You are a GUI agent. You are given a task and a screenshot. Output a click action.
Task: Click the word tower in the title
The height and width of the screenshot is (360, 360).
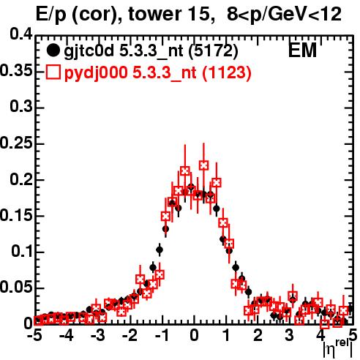point(156,15)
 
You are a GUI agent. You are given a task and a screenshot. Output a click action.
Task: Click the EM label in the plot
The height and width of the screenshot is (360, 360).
point(302,50)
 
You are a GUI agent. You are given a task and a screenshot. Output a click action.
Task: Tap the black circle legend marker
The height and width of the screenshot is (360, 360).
point(53,50)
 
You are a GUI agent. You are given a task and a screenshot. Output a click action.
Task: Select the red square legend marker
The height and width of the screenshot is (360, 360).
point(53,72)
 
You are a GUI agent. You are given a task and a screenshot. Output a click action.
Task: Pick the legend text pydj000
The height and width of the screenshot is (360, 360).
point(96,73)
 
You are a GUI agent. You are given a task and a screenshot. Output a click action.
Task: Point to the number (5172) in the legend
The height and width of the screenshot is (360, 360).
point(213,51)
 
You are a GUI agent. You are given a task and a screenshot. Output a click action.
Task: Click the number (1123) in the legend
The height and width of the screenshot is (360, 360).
point(227,72)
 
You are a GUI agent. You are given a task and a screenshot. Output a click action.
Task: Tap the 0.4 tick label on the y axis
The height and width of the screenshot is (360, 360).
point(21,34)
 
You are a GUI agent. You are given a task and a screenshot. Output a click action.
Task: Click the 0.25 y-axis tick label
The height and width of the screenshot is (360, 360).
point(16,143)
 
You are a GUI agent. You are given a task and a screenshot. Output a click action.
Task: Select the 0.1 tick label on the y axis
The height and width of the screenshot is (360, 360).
point(22,252)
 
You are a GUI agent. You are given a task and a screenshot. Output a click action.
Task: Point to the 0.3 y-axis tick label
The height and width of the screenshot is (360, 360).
point(21,107)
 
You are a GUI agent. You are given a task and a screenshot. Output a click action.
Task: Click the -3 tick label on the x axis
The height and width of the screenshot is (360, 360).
point(98,335)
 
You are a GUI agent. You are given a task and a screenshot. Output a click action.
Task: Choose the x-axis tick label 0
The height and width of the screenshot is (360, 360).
point(194,335)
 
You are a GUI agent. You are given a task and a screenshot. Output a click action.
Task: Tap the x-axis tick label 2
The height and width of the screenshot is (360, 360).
point(258,335)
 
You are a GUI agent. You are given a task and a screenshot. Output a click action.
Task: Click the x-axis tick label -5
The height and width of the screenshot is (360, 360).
point(34,335)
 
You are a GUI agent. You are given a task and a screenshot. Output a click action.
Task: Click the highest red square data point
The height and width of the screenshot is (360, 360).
point(203,165)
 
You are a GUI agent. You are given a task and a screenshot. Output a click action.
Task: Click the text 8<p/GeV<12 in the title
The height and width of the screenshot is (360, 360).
point(284,15)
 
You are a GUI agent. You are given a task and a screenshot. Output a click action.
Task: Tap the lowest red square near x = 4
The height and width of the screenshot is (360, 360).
point(324,324)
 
